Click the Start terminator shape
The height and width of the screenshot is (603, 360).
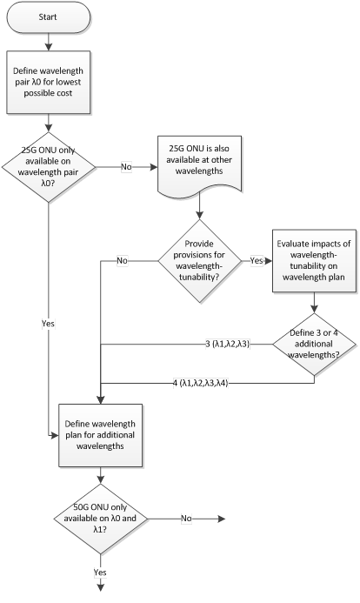click(x=49, y=17)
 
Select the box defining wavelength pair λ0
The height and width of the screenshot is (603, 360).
click(x=49, y=82)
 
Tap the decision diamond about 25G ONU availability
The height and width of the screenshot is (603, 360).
click(x=49, y=167)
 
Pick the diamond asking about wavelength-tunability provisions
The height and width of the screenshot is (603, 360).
click(x=199, y=261)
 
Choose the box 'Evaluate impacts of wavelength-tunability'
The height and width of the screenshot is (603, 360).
click(x=314, y=261)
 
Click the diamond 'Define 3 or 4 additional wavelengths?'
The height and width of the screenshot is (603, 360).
click(x=314, y=345)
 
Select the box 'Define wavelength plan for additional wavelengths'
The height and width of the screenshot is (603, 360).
click(x=101, y=435)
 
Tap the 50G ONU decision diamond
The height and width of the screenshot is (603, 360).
click(x=101, y=519)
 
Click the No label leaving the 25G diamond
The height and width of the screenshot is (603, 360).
click(x=126, y=167)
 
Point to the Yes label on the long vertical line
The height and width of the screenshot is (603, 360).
click(x=48, y=324)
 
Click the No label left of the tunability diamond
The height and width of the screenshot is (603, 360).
click(x=123, y=261)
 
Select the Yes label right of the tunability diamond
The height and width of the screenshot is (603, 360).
click(x=257, y=261)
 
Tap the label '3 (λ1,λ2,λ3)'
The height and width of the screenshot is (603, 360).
click(x=228, y=345)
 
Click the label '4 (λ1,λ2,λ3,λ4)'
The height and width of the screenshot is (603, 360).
click(x=201, y=383)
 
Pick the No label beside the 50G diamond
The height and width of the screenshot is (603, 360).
click(x=186, y=519)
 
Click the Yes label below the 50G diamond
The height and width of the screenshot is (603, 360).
click(x=100, y=573)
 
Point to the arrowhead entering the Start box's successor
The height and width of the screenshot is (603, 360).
click(x=49, y=47)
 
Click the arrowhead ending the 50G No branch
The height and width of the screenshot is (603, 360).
click(x=221, y=519)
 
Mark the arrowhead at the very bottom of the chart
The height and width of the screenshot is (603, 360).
click(x=101, y=587)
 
